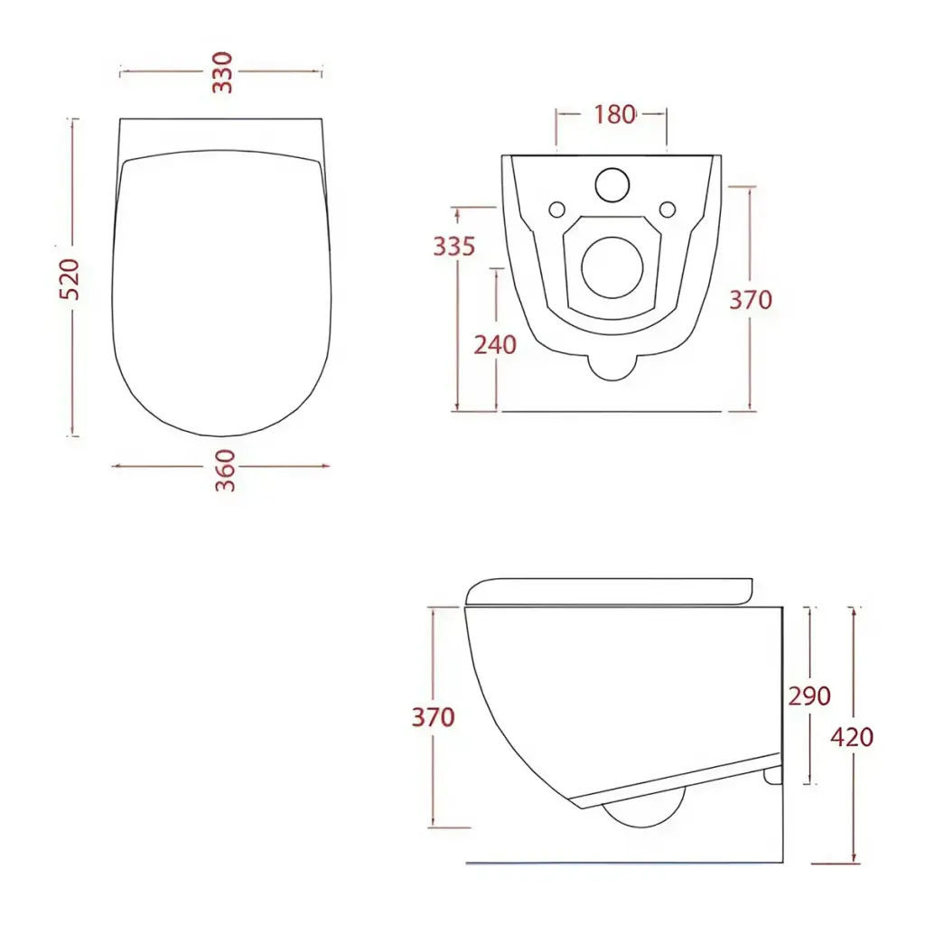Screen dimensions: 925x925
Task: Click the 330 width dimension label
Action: click(x=222, y=72)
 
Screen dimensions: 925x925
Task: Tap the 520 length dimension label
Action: click(x=70, y=279)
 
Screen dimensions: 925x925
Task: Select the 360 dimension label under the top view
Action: click(x=224, y=470)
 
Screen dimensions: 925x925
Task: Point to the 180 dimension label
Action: click(x=614, y=115)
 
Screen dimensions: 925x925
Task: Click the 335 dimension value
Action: click(x=454, y=246)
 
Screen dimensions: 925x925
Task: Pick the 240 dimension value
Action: click(x=495, y=344)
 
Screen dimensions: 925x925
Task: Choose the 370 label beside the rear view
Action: click(x=751, y=300)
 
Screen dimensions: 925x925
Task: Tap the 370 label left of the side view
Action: click(x=433, y=716)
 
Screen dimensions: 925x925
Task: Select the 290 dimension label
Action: click(x=809, y=696)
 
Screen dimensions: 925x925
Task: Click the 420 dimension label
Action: click(x=852, y=737)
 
